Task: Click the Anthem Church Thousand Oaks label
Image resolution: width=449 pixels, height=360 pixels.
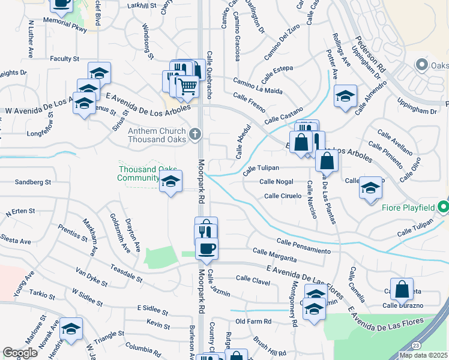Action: coord(158,134)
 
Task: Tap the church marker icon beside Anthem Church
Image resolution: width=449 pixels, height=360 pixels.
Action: coord(194,134)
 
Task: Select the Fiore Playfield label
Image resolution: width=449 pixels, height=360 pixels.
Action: coord(408,208)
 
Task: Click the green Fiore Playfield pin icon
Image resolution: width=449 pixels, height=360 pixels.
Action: coord(444,208)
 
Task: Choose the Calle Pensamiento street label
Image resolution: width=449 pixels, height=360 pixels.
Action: coord(304,245)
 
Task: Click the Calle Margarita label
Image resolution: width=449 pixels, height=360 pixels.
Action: coord(274,255)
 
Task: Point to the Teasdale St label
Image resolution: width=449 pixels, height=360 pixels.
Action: coord(125,275)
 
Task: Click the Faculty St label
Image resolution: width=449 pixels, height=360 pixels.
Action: coord(65,59)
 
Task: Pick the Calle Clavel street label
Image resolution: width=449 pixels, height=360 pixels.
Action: coord(254,278)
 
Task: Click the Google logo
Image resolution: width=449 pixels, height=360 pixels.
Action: coord(20,353)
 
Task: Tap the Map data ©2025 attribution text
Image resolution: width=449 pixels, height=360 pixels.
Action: coord(423,355)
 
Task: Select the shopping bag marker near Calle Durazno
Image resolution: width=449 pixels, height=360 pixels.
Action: coord(402,289)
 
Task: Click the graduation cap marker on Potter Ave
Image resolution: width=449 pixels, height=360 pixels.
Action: coord(345,96)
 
